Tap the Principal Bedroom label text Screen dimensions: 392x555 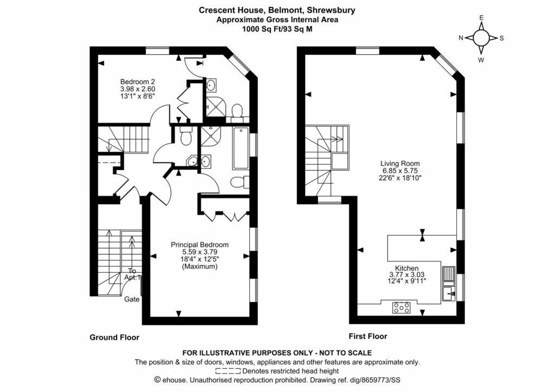(x=199, y=244)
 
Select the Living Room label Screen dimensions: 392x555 (x=400, y=163)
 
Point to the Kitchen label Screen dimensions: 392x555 (x=406, y=268)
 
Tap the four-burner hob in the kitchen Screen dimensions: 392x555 (x=402, y=308)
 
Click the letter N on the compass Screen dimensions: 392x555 (x=461, y=38)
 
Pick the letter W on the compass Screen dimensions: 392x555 (x=481, y=60)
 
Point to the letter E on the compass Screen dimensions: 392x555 (x=481, y=17)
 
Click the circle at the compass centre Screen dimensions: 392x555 (x=481, y=38)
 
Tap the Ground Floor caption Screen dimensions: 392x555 (x=114, y=337)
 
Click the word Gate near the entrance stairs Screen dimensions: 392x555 (x=132, y=299)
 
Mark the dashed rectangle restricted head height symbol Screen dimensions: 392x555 (x=228, y=371)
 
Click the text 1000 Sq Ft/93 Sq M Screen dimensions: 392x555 (x=277, y=29)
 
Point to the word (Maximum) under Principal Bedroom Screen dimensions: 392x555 (x=199, y=267)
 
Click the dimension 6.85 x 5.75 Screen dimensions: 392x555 (x=400, y=170)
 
